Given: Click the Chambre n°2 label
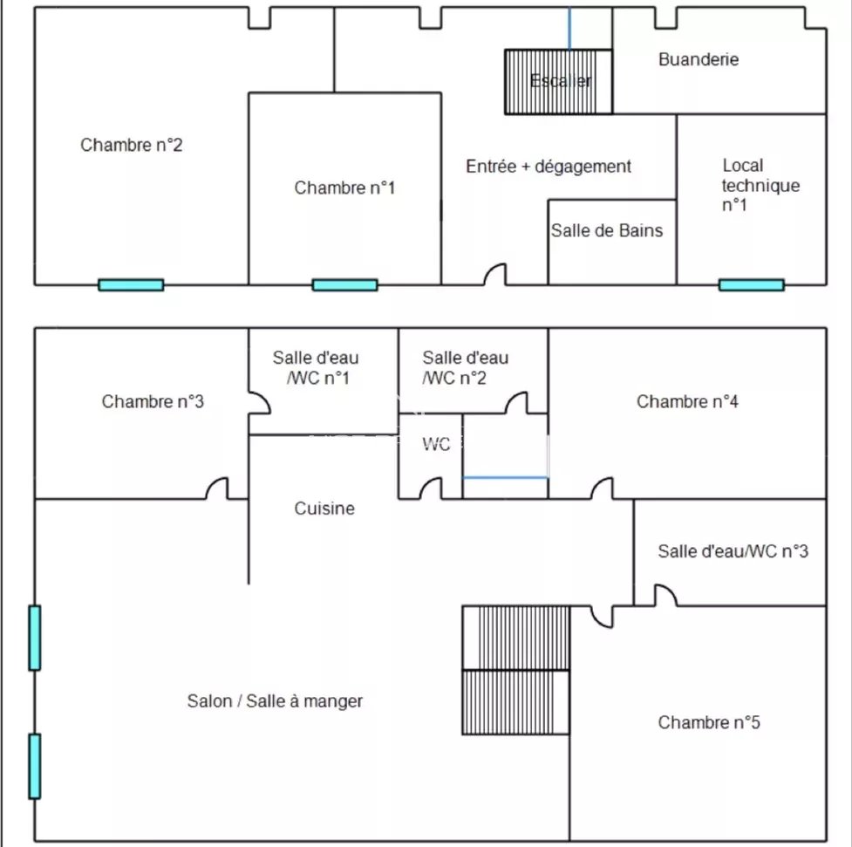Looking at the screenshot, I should pos(132,145).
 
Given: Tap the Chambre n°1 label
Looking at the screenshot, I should pos(344,188).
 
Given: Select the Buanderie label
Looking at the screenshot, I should pos(699,59).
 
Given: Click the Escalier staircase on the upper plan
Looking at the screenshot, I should pos(559,81).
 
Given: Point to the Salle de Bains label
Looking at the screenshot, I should pos(607,230).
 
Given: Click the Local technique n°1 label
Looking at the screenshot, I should pos(760,185).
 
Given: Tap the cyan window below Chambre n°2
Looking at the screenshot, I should pos(131,284).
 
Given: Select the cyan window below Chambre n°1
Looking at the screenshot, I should pos(344,284).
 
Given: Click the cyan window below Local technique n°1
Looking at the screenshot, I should pos(751,284).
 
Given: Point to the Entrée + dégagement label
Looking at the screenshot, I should pos(549,166).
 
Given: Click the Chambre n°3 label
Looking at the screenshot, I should pos(153,401).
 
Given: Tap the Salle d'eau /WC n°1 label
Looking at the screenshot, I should pos(316,366).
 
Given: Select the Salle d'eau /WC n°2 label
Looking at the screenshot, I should pos(466,366).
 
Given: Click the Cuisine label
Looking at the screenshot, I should pos(324,508).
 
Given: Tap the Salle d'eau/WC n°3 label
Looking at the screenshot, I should pos(733,551).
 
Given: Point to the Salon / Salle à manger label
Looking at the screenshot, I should pos(275,700).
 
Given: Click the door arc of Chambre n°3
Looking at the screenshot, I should pos(217,488).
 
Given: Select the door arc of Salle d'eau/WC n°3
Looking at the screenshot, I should pos(665,595).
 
